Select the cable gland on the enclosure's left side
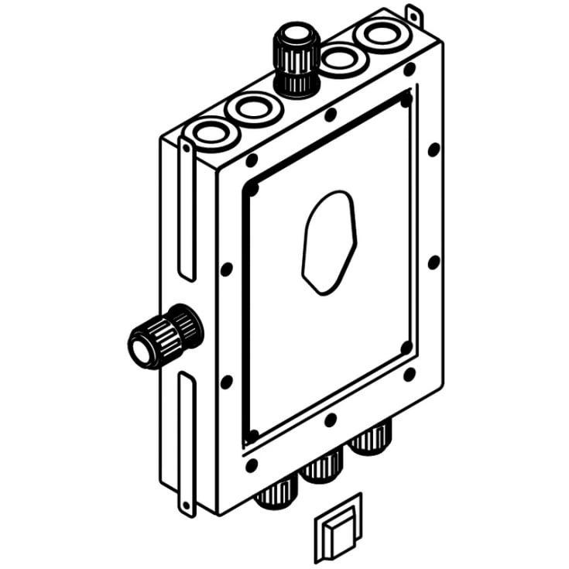(x=165, y=338)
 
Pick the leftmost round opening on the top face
(x=209, y=133)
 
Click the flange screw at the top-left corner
(x=252, y=160)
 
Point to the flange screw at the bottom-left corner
(x=252, y=465)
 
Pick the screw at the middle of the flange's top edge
(x=331, y=116)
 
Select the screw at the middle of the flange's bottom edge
(x=331, y=421)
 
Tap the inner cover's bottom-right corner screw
(x=406, y=348)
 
